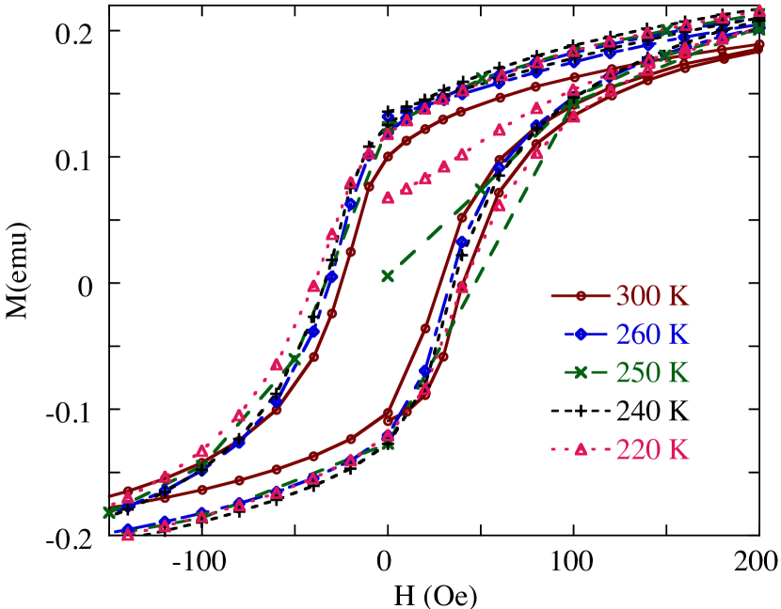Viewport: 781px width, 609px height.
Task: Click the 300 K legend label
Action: (652, 296)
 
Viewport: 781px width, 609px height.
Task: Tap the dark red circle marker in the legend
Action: (581, 296)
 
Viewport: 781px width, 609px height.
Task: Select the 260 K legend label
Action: (652, 335)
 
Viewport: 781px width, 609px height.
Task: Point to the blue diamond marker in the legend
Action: (581, 335)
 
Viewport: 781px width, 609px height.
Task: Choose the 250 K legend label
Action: (652, 372)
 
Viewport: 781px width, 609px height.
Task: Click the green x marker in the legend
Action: (581, 373)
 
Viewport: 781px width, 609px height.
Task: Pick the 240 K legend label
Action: (652, 411)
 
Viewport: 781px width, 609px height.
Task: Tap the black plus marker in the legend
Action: (581, 412)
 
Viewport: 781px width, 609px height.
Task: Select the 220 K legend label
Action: (652, 449)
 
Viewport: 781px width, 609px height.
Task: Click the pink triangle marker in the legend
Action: (581, 449)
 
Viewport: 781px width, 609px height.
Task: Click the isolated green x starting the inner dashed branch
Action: (387, 276)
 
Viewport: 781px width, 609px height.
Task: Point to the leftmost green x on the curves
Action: (108, 512)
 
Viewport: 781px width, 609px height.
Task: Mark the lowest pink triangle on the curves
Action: (128, 535)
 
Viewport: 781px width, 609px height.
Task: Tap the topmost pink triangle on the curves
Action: (759, 11)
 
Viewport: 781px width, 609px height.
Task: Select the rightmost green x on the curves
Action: (759, 29)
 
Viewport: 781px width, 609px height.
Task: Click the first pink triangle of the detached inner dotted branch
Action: (387, 197)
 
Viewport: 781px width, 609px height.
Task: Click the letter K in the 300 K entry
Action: (679, 296)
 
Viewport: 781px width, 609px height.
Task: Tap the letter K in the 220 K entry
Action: (679, 449)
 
